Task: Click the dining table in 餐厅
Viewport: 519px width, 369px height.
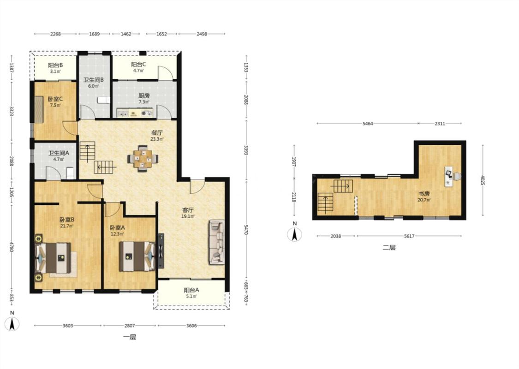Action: coord(143,159)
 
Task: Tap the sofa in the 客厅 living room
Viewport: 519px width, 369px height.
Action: coord(216,242)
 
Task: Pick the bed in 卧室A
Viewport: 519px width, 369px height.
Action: coord(137,256)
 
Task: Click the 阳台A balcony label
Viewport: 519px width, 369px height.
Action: coord(191,290)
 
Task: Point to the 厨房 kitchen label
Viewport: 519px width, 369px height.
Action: coord(144,95)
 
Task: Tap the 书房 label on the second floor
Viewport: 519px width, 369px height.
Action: coord(424,194)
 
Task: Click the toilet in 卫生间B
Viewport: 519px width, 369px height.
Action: coord(104,100)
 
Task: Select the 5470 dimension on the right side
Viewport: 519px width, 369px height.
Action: coord(246,229)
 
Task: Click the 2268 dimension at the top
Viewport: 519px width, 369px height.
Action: coord(55,34)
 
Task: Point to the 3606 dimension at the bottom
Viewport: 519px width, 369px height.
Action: coord(191,326)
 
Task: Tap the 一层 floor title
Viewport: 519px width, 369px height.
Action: coord(130,338)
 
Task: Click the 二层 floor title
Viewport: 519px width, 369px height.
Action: coord(389,248)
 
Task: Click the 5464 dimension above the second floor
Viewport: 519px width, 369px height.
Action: coord(367,124)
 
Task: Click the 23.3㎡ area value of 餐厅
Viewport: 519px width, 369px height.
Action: coord(157,139)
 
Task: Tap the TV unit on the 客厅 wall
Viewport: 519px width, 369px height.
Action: coord(161,250)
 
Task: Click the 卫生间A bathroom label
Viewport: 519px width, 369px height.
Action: coord(59,153)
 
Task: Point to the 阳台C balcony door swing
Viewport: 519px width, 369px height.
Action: coord(165,73)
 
